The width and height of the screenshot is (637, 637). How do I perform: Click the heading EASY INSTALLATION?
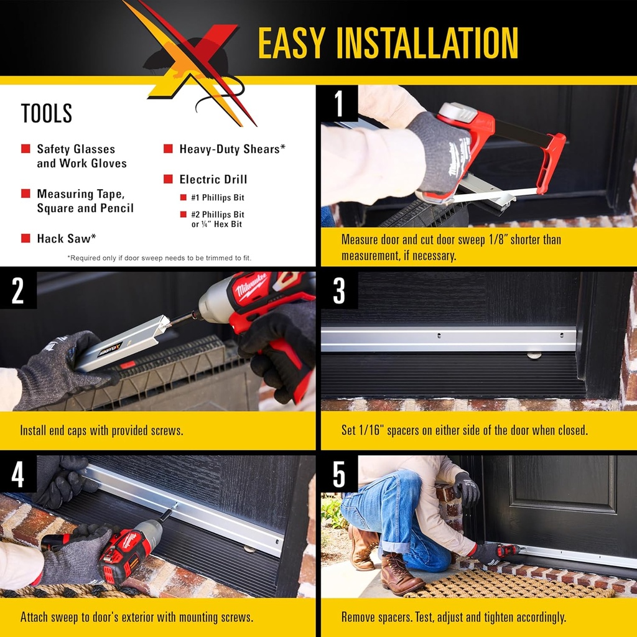(x=388, y=43)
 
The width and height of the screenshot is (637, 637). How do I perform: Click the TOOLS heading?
(x=47, y=114)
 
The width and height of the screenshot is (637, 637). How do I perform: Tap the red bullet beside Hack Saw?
(x=26, y=238)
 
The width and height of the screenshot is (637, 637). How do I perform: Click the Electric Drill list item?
(x=213, y=179)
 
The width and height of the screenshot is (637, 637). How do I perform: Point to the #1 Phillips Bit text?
(x=218, y=198)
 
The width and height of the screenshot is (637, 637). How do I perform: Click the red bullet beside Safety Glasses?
(x=26, y=149)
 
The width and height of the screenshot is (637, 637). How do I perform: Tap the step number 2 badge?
(x=18, y=291)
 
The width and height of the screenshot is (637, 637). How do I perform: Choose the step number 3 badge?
(x=339, y=291)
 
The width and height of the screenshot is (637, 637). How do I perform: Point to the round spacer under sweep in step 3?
(x=534, y=355)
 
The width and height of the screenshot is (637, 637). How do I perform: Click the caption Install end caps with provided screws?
(x=101, y=430)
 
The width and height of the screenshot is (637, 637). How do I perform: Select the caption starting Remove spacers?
(x=453, y=617)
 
